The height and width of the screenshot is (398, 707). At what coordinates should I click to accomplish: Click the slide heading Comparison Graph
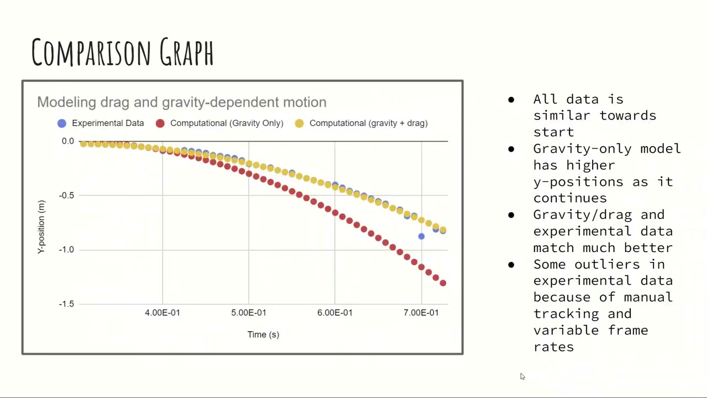tap(122, 53)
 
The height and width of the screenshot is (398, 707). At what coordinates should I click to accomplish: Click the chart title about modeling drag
tap(182, 102)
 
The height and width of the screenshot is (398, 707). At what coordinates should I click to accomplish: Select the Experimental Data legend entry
tap(107, 123)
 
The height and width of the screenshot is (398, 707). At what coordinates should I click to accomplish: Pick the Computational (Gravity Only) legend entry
tap(226, 123)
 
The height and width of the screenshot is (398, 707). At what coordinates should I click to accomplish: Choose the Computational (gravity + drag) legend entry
tap(368, 123)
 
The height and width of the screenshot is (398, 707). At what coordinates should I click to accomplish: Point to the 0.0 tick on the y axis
tap(67, 141)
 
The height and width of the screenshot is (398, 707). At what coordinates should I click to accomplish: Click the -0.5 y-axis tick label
tap(66, 195)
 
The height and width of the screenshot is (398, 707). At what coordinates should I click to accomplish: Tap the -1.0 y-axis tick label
tap(66, 249)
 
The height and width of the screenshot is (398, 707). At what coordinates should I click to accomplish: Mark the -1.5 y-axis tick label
tap(66, 304)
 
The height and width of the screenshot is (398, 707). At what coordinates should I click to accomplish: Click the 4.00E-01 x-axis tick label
tap(162, 313)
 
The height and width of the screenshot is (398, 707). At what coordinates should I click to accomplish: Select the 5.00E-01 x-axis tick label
tap(249, 313)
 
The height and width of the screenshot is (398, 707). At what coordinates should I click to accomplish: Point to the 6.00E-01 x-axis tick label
tap(335, 313)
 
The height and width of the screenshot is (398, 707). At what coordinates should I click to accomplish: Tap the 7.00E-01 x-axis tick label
tap(421, 313)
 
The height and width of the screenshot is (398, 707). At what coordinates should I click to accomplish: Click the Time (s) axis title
tap(263, 334)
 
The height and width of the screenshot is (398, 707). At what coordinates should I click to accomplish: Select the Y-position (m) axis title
tap(41, 227)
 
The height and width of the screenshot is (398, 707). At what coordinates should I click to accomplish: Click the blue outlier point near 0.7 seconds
tap(421, 237)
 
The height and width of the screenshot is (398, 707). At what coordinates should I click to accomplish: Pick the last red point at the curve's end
tap(442, 283)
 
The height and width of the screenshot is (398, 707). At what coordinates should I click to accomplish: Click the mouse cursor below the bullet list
tap(522, 376)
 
